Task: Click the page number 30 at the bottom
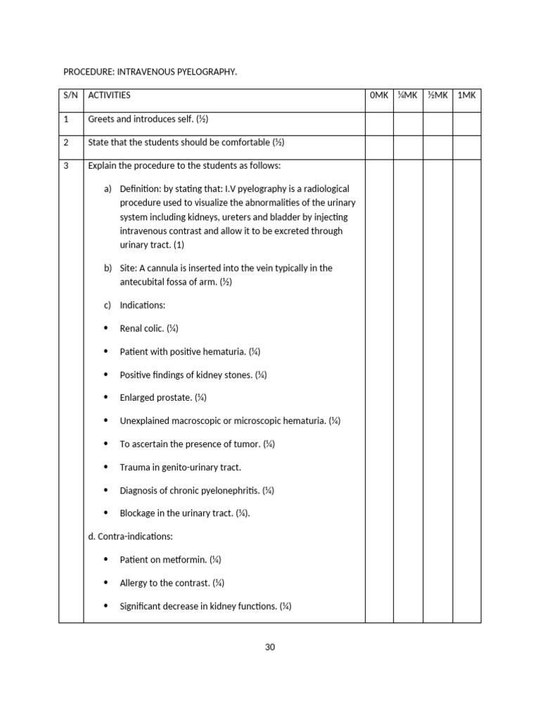(x=270, y=647)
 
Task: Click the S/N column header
(x=71, y=96)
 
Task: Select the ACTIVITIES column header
(x=110, y=96)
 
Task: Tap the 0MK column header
(x=378, y=96)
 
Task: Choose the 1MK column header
(x=466, y=96)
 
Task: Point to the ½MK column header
(x=437, y=96)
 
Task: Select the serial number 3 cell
(x=66, y=166)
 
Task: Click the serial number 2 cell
(x=66, y=143)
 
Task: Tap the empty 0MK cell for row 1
(x=378, y=123)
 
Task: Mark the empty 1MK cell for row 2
(x=466, y=147)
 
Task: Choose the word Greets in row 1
(x=101, y=120)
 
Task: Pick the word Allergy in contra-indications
(x=135, y=583)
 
